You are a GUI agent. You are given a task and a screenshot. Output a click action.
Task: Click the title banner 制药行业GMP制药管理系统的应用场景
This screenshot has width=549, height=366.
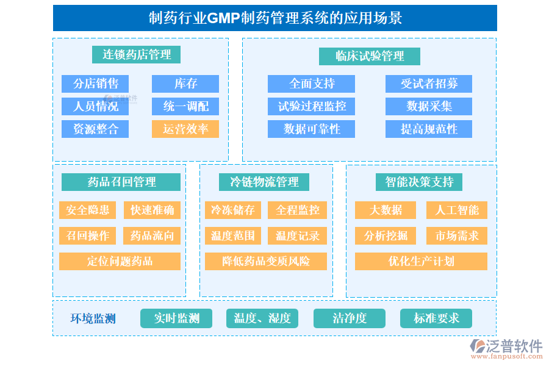(x=274, y=18)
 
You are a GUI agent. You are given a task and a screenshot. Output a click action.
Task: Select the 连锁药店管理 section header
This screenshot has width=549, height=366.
(x=137, y=54)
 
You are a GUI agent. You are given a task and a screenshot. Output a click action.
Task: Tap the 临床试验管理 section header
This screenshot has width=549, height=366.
(x=370, y=56)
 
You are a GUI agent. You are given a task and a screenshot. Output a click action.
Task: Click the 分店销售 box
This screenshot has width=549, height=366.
(x=95, y=84)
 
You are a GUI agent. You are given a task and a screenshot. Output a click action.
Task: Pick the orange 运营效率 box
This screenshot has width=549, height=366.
(x=185, y=129)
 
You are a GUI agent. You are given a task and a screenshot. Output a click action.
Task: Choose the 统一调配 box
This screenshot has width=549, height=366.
(x=185, y=106)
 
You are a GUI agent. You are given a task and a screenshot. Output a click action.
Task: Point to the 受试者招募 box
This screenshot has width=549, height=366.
(x=429, y=84)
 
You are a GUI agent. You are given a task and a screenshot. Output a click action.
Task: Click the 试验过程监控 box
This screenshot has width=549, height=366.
(x=311, y=106)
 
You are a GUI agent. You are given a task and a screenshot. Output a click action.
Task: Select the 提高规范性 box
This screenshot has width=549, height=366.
(x=429, y=129)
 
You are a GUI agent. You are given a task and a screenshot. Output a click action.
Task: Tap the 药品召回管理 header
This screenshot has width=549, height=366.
(x=121, y=182)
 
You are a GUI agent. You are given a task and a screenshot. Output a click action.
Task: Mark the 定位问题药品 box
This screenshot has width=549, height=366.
(x=120, y=261)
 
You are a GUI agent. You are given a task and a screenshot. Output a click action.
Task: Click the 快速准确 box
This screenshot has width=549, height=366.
(x=152, y=210)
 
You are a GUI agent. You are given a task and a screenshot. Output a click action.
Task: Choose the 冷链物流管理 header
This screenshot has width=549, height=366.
(x=264, y=182)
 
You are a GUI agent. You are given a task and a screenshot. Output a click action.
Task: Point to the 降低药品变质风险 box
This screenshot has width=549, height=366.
(x=265, y=261)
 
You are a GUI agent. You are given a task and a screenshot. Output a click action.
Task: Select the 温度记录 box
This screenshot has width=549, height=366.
(x=297, y=235)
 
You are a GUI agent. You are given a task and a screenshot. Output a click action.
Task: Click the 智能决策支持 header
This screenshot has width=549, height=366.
(x=419, y=182)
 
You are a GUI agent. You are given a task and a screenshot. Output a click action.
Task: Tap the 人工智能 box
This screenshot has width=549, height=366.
(x=456, y=210)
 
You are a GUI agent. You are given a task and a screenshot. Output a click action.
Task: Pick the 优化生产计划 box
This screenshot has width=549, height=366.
(x=421, y=261)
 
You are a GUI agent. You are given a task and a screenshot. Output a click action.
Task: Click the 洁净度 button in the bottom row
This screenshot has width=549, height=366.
(x=350, y=318)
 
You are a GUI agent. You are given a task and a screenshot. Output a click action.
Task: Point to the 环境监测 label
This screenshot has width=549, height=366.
(x=93, y=318)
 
